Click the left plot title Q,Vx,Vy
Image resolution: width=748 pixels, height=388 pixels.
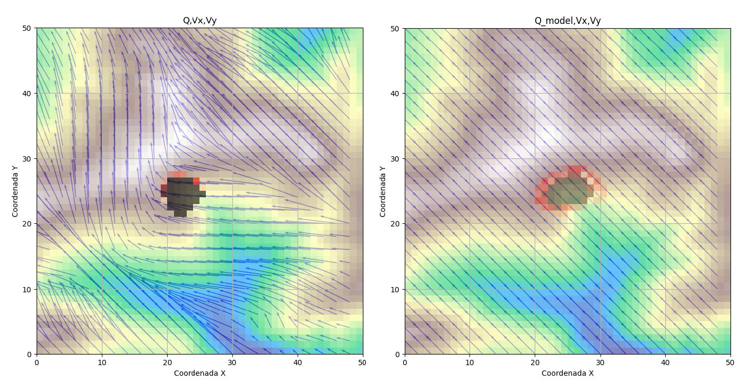pyautogui.click(x=199, y=21)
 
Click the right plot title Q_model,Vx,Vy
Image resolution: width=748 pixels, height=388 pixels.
pyautogui.click(x=567, y=21)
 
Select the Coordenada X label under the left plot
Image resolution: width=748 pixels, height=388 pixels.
pyautogui.click(x=199, y=373)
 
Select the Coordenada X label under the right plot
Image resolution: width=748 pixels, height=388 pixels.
pyautogui.click(x=567, y=373)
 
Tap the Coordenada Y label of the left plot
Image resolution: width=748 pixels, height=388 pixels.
pyautogui.click(x=15, y=191)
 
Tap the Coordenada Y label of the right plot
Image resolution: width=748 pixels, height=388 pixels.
pyautogui.click(x=382, y=191)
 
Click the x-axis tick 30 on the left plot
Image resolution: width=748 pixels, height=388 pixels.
pyautogui.click(x=232, y=362)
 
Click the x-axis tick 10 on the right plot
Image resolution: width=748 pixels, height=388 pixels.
pyautogui.click(x=469, y=362)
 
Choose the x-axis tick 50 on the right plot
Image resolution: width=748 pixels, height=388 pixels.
pyautogui.click(x=730, y=362)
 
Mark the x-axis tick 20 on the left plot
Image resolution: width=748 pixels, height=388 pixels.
pyautogui.click(x=167, y=362)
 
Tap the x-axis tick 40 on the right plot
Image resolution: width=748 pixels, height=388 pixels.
pyautogui.click(x=665, y=362)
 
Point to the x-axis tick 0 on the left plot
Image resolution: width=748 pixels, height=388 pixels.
pyautogui.click(x=37, y=362)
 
